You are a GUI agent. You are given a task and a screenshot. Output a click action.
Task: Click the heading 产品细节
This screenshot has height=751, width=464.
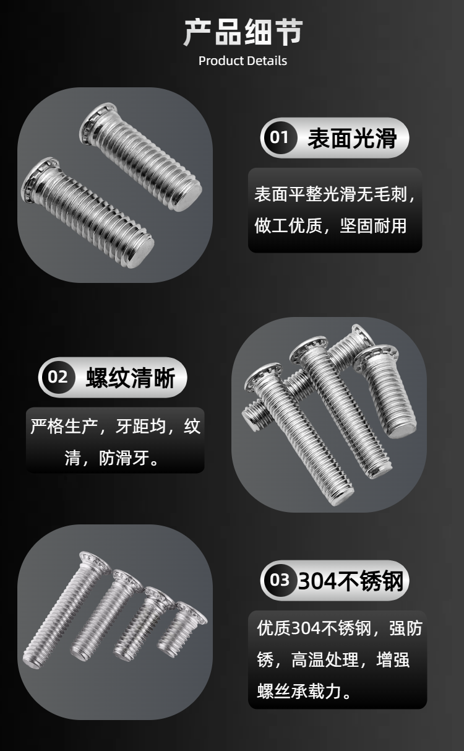click(243, 33)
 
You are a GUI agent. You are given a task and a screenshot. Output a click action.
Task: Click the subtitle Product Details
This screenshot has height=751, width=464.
click(243, 61)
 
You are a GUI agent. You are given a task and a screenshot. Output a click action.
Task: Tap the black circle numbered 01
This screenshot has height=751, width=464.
click(280, 137)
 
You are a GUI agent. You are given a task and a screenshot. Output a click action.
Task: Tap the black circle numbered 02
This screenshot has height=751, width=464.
click(58, 377)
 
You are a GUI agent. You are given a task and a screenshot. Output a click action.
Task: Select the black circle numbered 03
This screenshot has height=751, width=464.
click(280, 580)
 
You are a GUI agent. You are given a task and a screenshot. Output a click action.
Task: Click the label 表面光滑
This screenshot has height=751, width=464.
click(353, 138)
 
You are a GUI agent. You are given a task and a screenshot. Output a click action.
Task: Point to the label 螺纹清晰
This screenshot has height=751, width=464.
click(131, 378)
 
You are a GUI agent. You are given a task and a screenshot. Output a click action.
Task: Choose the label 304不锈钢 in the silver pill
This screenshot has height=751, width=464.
click(351, 580)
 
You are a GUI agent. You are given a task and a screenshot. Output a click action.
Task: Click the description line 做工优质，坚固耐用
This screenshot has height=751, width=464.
click(330, 225)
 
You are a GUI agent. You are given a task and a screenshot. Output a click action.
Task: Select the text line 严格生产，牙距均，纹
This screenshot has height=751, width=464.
click(115, 426)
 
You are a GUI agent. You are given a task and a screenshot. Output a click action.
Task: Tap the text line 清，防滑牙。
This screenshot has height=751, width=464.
click(112, 458)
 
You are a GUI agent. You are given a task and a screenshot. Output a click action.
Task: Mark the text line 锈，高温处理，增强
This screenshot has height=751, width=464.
click(333, 659)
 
